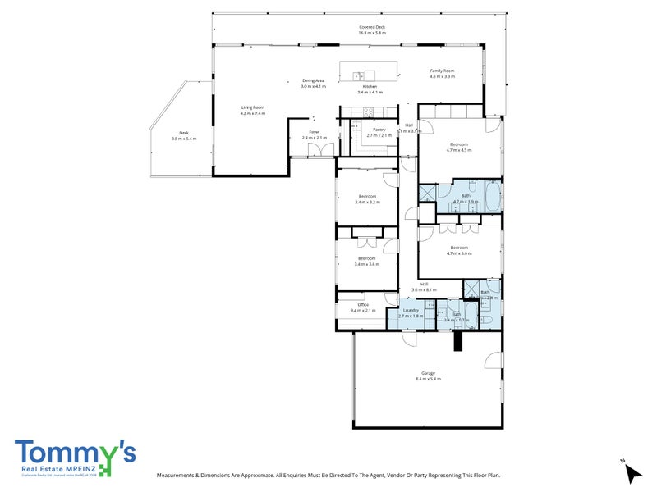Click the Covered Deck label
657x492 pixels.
click(371, 27)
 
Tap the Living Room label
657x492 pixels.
click(252, 107)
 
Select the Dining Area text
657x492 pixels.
click(313, 80)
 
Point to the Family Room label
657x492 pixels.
click(442, 71)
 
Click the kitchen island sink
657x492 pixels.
click(360, 75)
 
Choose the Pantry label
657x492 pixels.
click(379, 130)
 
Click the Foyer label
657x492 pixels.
click(314, 132)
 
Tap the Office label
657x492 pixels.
click(363, 305)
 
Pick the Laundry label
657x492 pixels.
click(411, 310)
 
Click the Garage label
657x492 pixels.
click(428, 373)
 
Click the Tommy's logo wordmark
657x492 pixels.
click(75, 453)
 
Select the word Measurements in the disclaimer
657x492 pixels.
click(177, 475)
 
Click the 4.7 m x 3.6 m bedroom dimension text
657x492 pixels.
click(458, 253)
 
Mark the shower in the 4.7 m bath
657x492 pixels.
click(427, 194)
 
